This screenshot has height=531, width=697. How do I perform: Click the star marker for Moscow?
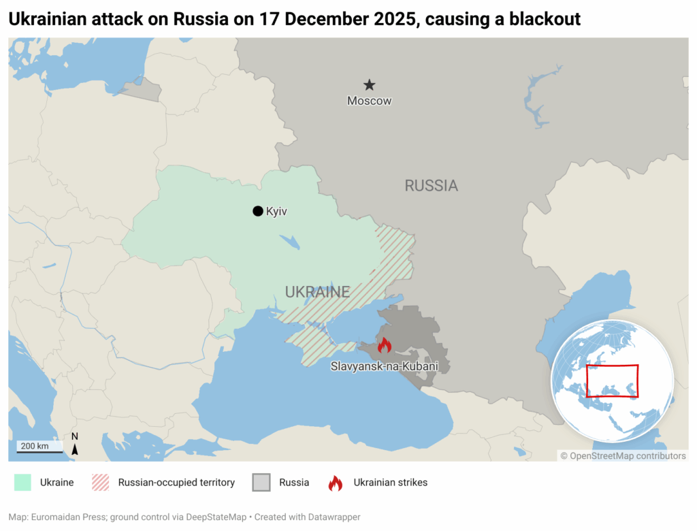coord(369,85)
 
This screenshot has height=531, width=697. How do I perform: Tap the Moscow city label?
coord(369,101)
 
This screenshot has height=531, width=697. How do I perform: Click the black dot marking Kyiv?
coord(257,211)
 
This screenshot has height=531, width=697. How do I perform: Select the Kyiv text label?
coord(276,212)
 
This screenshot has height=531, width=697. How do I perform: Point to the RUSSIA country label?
coord(431,185)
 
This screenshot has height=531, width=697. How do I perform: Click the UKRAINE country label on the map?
coord(317,292)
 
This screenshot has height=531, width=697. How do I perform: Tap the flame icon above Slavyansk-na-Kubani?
coord(384,345)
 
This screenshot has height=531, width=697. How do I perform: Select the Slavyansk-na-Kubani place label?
coord(384,366)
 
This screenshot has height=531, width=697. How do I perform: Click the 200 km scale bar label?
coord(33,446)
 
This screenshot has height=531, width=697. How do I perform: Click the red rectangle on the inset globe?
coord(613,381)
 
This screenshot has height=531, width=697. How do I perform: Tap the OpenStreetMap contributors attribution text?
coord(623,456)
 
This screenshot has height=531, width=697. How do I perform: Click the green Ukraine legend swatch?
coord(23,483)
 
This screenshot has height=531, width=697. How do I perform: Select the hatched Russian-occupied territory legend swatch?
coord(100,483)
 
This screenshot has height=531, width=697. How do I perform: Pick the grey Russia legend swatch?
coord(261,483)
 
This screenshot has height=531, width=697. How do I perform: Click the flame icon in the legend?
coord(336,483)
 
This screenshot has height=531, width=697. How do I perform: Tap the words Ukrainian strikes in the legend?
coord(390,483)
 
